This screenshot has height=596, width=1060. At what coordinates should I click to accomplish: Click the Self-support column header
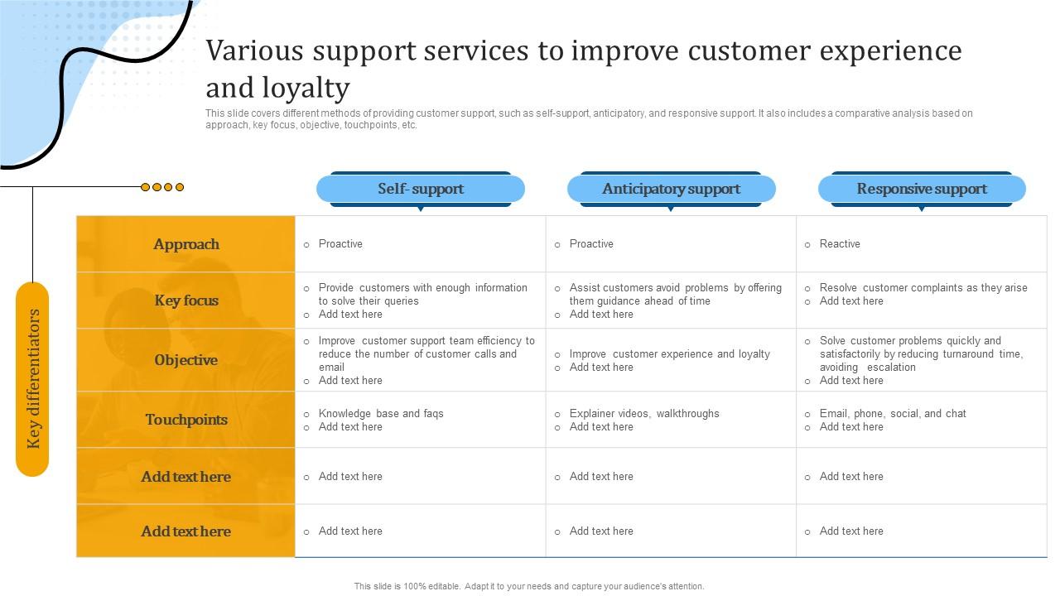(x=421, y=189)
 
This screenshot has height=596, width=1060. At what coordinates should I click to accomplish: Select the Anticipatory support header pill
(x=671, y=189)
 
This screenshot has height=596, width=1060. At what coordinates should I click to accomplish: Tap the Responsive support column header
(x=922, y=189)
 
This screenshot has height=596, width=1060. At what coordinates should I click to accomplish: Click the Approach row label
(x=186, y=244)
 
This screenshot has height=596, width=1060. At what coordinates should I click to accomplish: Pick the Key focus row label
(x=186, y=300)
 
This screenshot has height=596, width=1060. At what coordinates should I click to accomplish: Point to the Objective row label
(x=186, y=360)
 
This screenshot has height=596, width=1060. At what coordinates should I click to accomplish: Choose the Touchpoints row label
(x=186, y=420)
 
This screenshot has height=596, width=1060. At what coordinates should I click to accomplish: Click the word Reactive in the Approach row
(x=840, y=244)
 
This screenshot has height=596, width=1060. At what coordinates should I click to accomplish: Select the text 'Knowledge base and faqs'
(x=381, y=414)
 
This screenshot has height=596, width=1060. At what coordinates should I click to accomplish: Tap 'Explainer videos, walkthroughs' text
(x=644, y=414)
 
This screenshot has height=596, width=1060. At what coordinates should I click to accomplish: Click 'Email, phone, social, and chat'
(x=893, y=414)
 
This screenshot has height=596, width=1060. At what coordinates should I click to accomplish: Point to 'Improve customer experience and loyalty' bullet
(x=669, y=354)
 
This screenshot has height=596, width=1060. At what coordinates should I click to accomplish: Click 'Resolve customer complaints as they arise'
(x=923, y=288)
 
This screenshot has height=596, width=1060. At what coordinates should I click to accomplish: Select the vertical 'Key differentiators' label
(x=33, y=378)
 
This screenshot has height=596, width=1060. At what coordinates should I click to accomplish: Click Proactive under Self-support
(x=340, y=244)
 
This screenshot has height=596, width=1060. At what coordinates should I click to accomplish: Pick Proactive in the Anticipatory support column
(x=591, y=244)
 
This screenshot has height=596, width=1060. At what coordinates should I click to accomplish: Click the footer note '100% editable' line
(x=529, y=586)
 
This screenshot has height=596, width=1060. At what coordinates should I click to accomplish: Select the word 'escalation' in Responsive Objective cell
(x=891, y=368)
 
